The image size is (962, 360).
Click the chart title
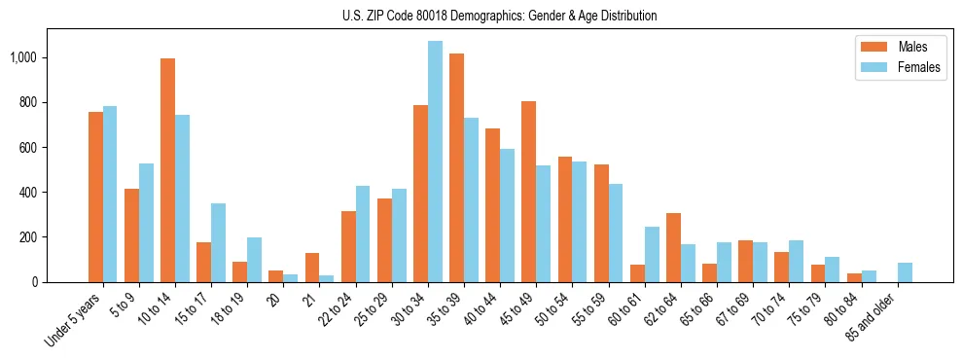tap(499, 16)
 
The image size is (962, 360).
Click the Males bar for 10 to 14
tap(168, 170)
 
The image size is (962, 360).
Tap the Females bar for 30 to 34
tap(435, 162)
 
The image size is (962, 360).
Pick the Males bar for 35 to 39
tap(457, 167)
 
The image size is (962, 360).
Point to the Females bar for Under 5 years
tap(110, 195)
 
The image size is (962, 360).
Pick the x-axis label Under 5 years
tap(72, 319)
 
